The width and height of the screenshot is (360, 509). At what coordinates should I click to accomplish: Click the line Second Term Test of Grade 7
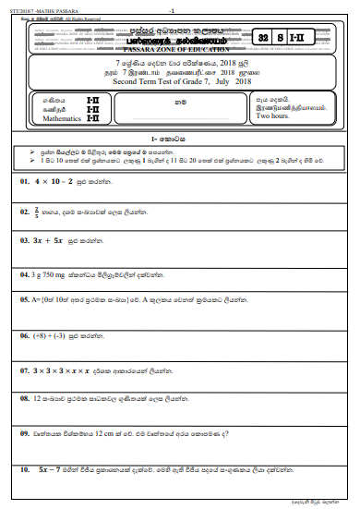[x=166, y=81]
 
